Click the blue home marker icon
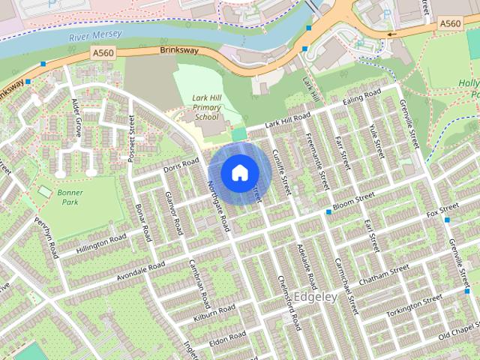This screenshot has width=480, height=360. click(239, 172)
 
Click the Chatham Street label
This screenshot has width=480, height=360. click(383, 273)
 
